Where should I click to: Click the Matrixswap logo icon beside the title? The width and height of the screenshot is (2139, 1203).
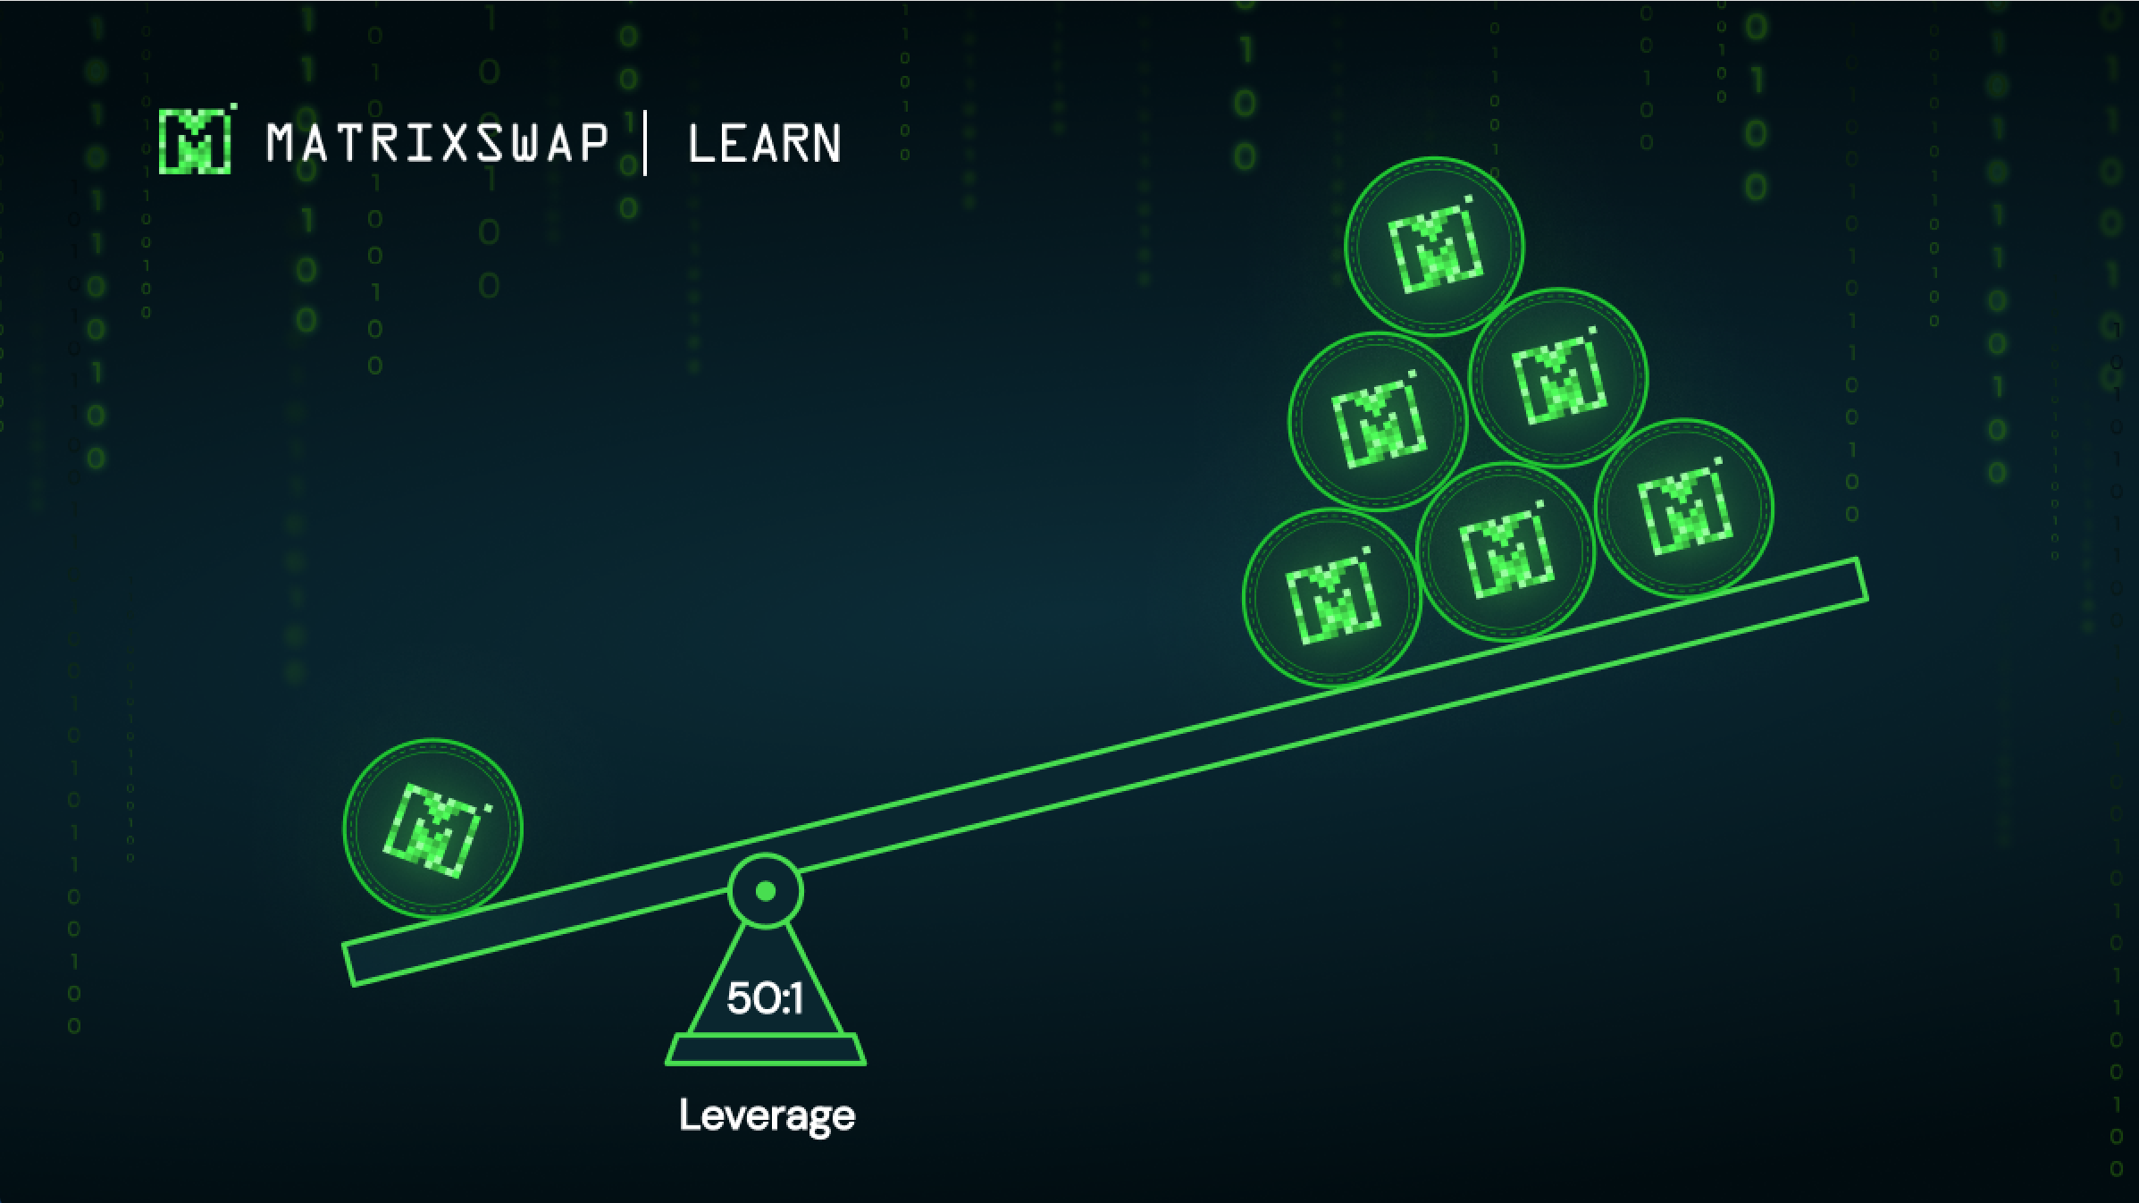point(195,140)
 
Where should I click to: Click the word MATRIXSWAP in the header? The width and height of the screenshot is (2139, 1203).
point(437,143)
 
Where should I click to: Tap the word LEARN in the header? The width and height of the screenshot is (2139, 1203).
point(764,144)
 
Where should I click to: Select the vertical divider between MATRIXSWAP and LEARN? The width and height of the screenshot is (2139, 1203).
point(645,143)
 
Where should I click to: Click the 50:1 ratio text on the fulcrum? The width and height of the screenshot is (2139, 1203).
point(765,998)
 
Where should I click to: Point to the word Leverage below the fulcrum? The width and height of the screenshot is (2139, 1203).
point(767,1115)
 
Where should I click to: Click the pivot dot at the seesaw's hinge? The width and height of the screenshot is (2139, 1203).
point(766,891)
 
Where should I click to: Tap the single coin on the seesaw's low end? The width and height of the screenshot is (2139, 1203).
point(432,829)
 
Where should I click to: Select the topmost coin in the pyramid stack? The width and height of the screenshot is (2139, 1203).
point(1434,246)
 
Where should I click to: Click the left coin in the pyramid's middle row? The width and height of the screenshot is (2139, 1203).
point(1378,422)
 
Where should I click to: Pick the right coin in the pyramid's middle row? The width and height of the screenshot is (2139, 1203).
point(1558,377)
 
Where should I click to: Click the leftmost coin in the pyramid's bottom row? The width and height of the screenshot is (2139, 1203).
point(1332,597)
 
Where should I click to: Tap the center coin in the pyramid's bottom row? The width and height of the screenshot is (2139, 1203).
point(1506,552)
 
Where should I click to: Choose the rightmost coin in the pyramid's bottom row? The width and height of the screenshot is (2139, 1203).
point(1684,508)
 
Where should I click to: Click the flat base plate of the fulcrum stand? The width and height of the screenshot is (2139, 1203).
point(766,1049)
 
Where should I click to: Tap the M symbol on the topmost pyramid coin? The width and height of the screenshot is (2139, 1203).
point(1434,248)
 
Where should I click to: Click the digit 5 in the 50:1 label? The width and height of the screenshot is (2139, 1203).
point(739,998)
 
